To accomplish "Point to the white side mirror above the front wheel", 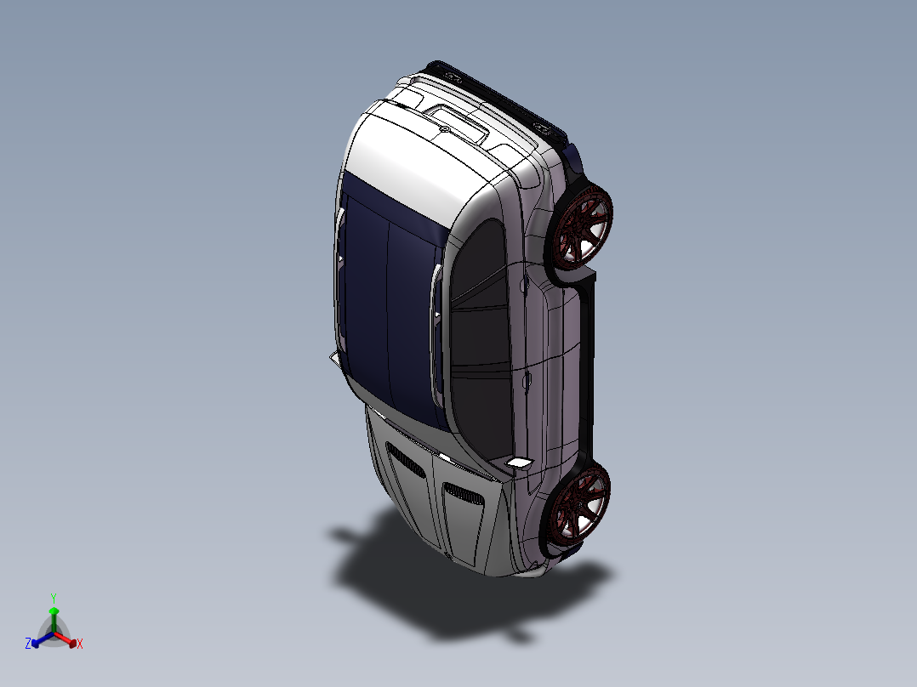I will (x=518, y=462).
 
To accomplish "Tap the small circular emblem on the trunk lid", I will (x=444, y=128).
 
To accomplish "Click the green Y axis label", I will (x=53, y=598).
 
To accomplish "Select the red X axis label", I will (x=80, y=644).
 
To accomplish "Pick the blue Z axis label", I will (x=28, y=644).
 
